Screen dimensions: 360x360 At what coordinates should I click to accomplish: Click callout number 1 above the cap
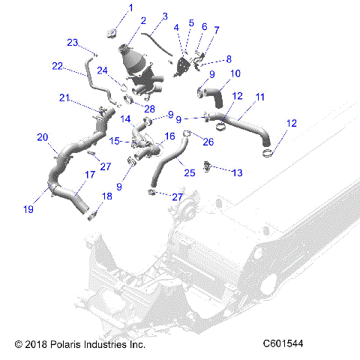click(x=130, y=7)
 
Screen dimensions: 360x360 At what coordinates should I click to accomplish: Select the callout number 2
click(x=142, y=21)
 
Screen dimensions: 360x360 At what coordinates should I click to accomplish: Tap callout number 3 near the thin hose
click(x=165, y=16)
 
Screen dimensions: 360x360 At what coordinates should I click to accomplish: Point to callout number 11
click(x=260, y=97)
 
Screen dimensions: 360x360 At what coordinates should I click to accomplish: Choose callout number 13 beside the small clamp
click(x=237, y=173)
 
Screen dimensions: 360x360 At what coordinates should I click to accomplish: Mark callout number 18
click(x=106, y=196)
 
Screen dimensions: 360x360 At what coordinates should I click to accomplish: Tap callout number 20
click(x=43, y=137)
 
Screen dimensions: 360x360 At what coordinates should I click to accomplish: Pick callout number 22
click(x=58, y=66)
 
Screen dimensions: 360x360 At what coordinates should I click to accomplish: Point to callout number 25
click(x=189, y=172)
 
